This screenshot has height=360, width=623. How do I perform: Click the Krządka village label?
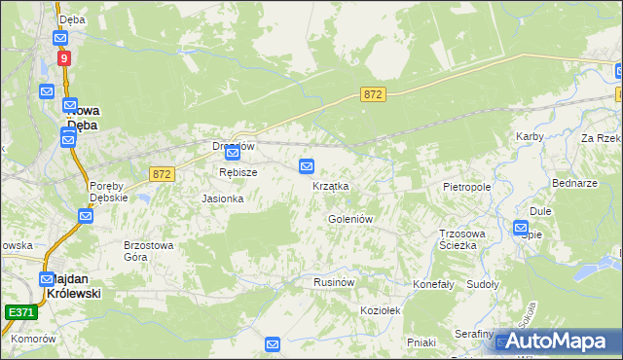330,186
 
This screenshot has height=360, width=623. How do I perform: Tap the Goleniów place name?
350,220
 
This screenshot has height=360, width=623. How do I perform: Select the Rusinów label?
332,281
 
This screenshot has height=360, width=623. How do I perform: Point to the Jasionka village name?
222,198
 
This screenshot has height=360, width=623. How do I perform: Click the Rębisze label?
238,172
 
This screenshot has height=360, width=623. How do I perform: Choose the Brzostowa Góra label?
148,251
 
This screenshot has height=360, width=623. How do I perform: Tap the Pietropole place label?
466,186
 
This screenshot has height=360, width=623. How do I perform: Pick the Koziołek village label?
381,308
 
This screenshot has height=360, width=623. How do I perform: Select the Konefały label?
434,284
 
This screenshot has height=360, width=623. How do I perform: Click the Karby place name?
530,136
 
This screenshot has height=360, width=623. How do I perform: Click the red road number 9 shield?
64,58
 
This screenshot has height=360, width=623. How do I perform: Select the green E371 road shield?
20,312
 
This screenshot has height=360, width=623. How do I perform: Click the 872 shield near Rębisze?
162,173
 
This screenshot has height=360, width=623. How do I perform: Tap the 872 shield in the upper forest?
374,93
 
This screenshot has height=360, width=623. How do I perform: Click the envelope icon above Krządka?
307,165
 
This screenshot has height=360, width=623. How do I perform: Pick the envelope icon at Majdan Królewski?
47,278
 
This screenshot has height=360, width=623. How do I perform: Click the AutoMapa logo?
558,341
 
